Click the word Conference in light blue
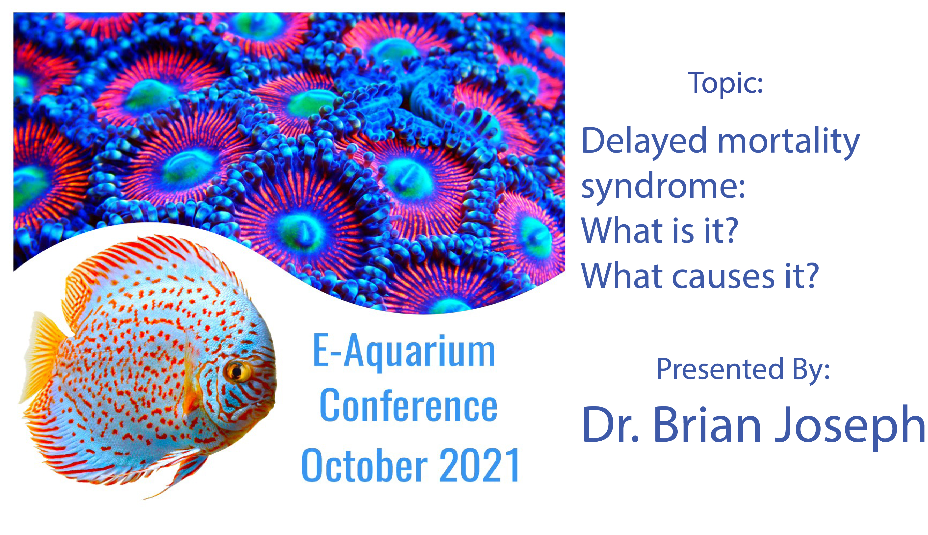(x=408, y=406)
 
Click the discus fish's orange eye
(x=237, y=372)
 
